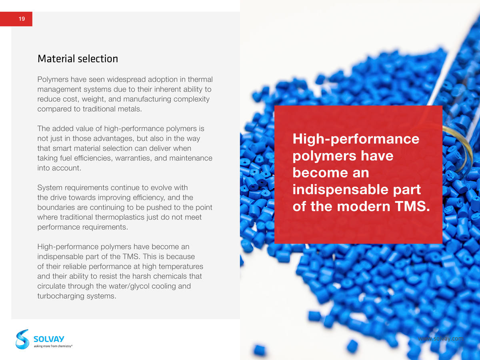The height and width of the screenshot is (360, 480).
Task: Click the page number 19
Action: coord(22,19)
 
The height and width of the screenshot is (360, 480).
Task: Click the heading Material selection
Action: coord(78,59)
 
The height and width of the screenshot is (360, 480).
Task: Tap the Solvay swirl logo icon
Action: coord(22,339)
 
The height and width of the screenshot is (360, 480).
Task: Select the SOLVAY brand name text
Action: coord(49,339)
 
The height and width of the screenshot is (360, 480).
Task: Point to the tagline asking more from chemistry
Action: coord(53,346)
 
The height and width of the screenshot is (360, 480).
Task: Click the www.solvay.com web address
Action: coord(441,338)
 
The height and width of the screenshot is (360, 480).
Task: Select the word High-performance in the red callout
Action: coord(356,139)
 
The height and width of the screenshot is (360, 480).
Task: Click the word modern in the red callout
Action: coord(364,206)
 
